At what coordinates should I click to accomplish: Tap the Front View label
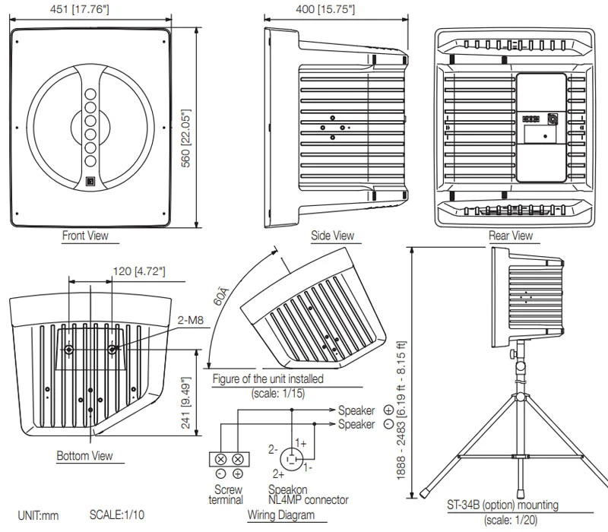pyautogui.click(x=85, y=236)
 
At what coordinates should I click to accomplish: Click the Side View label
pyautogui.click(x=332, y=236)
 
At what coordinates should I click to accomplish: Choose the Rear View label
pyautogui.click(x=511, y=236)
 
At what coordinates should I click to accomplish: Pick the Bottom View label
pyautogui.click(x=84, y=456)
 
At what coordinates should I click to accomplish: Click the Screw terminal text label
pyautogui.click(x=229, y=495)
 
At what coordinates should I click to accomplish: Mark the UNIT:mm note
pyautogui.click(x=38, y=515)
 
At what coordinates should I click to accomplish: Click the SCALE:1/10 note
pyautogui.click(x=117, y=515)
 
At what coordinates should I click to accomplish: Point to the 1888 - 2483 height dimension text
pyautogui.click(x=401, y=426)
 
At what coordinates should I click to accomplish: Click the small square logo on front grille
pyautogui.click(x=90, y=181)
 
